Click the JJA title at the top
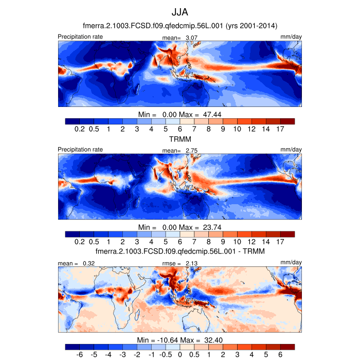[x=179, y=11]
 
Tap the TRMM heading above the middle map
[x=179, y=139]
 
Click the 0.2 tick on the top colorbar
[x=80, y=129]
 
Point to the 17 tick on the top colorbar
[x=281, y=129]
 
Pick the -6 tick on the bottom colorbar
[x=80, y=355]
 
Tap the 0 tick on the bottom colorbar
[x=180, y=355]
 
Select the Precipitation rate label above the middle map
[x=80, y=150]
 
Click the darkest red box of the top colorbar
[x=288, y=121]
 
